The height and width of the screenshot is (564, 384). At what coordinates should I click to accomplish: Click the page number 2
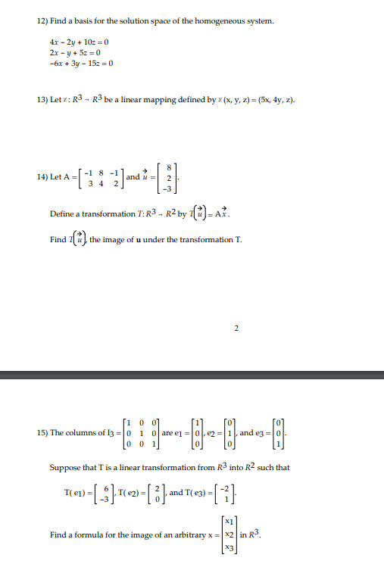(236, 328)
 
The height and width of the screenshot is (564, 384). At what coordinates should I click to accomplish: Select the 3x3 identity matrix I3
(141, 433)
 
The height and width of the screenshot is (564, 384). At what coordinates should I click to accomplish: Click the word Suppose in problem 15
(67, 467)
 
